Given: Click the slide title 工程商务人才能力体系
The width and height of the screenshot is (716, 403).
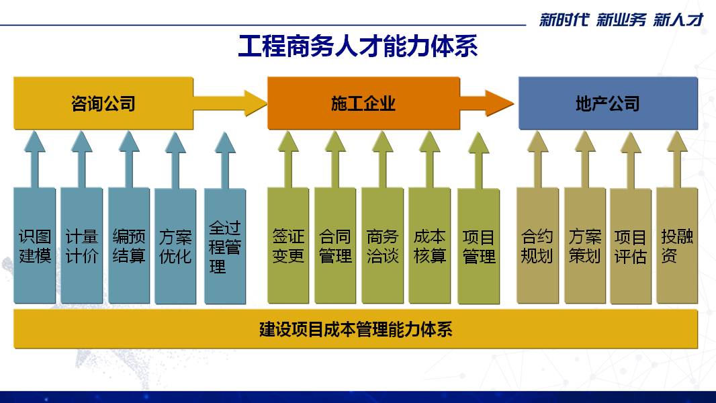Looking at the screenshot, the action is (x=357, y=46).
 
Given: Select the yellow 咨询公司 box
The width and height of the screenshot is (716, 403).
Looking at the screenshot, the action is (x=103, y=103).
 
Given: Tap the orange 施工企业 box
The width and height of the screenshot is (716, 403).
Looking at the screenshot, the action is (x=363, y=103).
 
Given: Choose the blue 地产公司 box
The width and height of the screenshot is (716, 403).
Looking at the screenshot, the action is (x=608, y=103).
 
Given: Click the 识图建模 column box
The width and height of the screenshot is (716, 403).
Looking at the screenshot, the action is (x=35, y=246).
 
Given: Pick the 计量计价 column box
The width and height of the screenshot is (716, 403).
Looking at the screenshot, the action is (x=82, y=246).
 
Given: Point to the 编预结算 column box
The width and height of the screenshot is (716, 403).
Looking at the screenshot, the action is (x=129, y=246).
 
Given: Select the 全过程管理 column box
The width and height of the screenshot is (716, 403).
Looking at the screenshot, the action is (x=225, y=247).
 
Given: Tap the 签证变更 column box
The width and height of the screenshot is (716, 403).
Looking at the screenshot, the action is (x=288, y=246).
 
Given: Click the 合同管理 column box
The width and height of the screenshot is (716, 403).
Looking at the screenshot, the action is (x=335, y=246).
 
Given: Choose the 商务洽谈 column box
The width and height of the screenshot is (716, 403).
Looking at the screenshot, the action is (x=383, y=246).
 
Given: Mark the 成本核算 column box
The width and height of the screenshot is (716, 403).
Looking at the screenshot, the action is (x=430, y=246).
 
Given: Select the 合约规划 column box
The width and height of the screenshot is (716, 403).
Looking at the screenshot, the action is (x=537, y=246).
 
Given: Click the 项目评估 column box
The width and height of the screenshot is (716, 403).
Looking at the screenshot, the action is (x=631, y=247).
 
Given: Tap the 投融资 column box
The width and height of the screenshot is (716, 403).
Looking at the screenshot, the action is (x=677, y=246).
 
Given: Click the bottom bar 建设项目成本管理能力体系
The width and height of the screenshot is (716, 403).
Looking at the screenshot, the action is (x=356, y=329).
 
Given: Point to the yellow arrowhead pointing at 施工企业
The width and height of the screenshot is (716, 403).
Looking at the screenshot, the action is (x=255, y=103).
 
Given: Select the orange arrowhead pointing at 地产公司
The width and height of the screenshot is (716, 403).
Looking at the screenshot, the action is (x=500, y=103).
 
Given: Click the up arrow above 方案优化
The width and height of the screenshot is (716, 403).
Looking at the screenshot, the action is (x=175, y=160).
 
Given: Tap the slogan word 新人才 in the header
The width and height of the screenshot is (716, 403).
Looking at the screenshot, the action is (x=678, y=19).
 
